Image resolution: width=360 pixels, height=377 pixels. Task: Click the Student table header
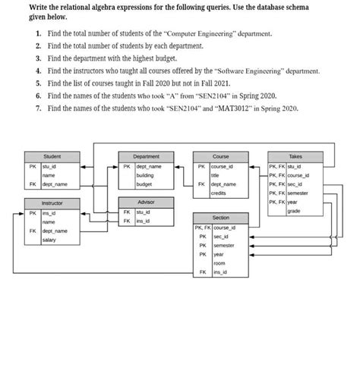pyautogui.click(x=52, y=156)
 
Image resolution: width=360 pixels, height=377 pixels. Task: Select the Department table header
pyautogui.click(x=146, y=156)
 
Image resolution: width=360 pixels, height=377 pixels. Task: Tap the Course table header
pyautogui.click(x=220, y=156)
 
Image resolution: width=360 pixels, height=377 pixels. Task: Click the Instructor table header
pyautogui.click(x=52, y=203)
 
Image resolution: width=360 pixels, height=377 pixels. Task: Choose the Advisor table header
pyautogui.click(x=146, y=203)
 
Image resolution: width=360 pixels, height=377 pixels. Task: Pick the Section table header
pyautogui.click(x=220, y=217)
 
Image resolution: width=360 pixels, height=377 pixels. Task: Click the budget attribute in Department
pyautogui.click(x=144, y=184)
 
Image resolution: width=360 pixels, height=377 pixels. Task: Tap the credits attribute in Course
pyautogui.click(x=219, y=193)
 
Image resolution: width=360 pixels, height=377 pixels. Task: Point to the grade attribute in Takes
pyautogui.click(x=294, y=212)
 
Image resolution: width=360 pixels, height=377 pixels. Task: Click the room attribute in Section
pyautogui.click(x=219, y=263)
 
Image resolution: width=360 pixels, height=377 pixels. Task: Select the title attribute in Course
pyautogui.click(x=216, y=175)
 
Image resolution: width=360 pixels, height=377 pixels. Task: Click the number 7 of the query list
pyautogui.click(x=38, y=109)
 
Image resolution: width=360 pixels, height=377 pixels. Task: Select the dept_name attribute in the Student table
pyautogui.click(x=55, y=184)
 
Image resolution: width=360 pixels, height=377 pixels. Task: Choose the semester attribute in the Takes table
pyautogui.click(x=299, y=193)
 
